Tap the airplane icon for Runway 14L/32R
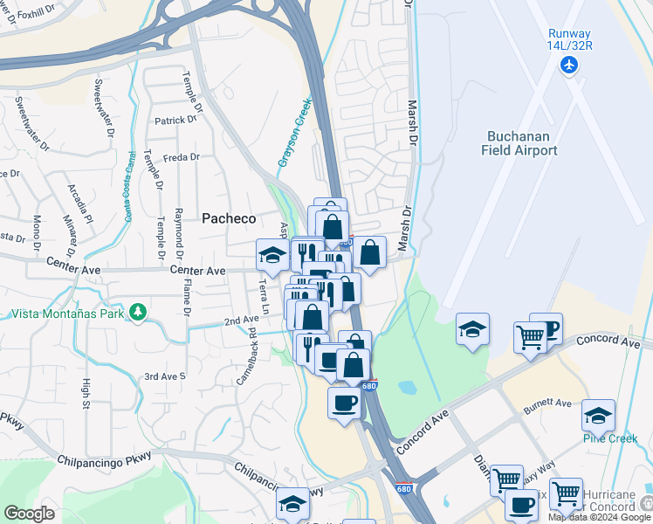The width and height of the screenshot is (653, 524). [x=570, y=65]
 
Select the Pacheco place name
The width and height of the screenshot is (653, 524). [x=229, y=218]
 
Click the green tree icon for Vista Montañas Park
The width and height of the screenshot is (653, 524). [x=137, y=312]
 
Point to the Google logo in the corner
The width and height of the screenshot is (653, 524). [x=29, y=514]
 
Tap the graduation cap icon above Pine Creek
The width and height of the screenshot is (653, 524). [x=598, y=413]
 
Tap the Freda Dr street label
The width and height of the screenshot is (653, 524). [x=182, y=158]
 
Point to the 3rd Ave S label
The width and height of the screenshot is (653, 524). [x=165, y=376]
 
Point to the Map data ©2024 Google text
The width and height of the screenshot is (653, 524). [x=599, y=517]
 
